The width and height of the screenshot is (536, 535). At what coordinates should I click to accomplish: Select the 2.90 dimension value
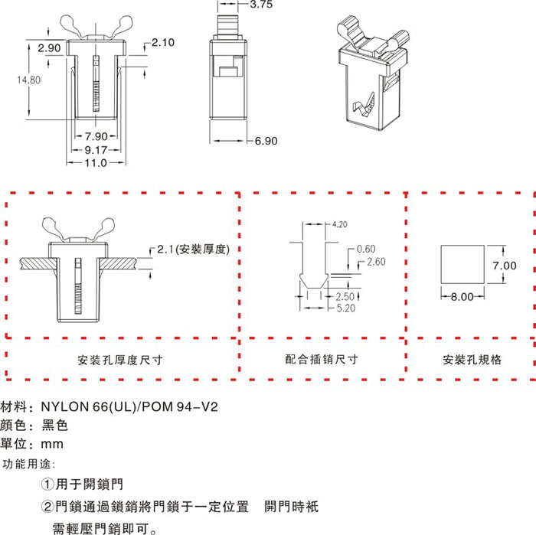coord(50,48)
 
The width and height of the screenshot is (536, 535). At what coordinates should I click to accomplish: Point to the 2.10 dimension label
coord(163,42)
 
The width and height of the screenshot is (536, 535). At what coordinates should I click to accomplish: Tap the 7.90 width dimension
coord(95,136)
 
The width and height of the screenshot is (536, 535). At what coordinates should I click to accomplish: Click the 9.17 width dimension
coord(95,150)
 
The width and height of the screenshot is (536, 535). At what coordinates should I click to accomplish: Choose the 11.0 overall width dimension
coord(95,164)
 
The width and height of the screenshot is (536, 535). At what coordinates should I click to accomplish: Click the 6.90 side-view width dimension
coord(265,141)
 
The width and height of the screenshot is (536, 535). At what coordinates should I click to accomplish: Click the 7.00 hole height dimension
coord(505,266)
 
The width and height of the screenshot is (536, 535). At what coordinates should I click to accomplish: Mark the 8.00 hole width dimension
coord(461,297)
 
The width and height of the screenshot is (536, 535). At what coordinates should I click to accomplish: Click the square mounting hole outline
coord(462,264)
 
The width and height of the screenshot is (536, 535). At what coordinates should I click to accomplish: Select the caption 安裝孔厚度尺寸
coord(120,359)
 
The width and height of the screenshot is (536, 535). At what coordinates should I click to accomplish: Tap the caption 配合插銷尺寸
coord(322,359)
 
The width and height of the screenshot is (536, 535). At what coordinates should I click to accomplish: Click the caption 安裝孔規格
coord(472,359)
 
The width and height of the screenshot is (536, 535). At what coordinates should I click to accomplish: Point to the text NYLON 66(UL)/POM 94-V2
coord(128,406)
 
